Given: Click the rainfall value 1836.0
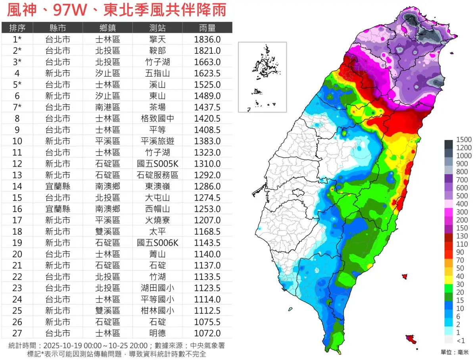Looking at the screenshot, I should click(x=207, y=39).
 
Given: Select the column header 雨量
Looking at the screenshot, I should click(x=207, y=28).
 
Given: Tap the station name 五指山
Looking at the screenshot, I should click(x=157, y=73).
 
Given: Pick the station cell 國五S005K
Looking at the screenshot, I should click(x=157, y=164).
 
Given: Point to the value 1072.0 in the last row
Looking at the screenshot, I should click(x=207, y=333).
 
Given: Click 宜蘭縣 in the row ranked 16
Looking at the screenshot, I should click(x=58, y=209).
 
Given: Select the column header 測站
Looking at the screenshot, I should click(x=157, y=28).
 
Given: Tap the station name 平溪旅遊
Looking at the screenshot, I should click(x=157, y=141).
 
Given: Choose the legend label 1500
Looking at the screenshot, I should click(x=464, y=140).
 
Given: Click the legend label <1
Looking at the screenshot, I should click(x=461, y=341).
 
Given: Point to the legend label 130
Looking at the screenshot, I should click(x=462, y=236).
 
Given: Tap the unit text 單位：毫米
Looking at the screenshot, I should click(x=455, y=352).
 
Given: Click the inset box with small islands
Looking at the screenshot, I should click(x=262, y=77).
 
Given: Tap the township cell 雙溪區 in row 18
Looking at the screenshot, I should click(x=108, y=232).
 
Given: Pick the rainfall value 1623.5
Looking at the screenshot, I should click(x=207, y=73).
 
